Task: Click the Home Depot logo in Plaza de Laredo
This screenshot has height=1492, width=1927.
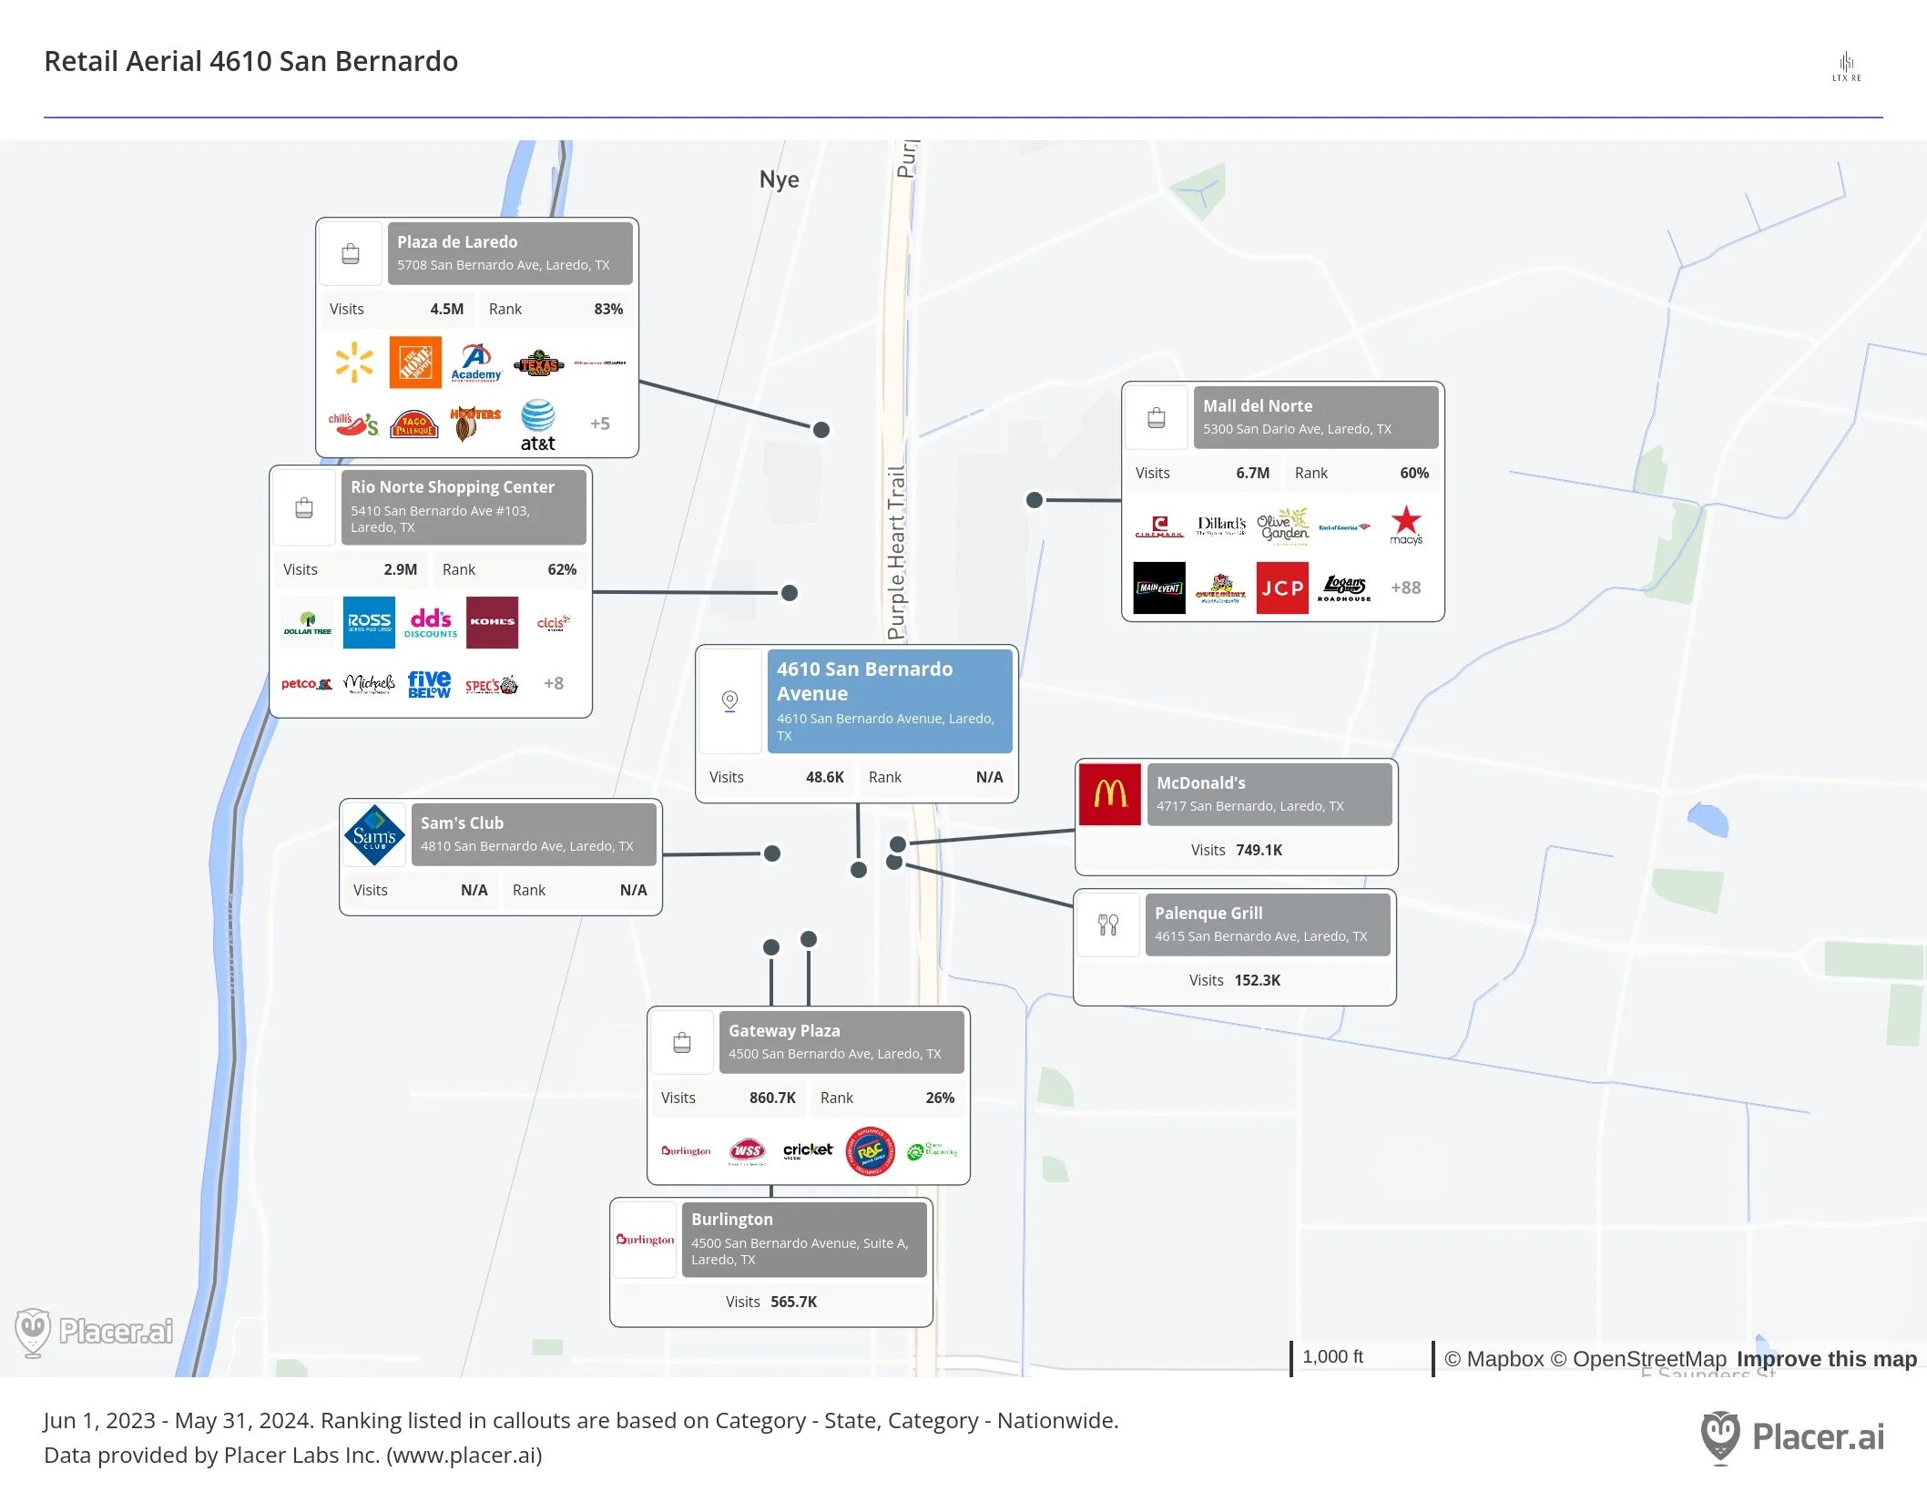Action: click(415, 363)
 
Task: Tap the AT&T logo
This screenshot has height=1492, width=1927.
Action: click(537, 424)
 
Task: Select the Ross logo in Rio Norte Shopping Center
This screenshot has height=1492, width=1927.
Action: click(369, 622)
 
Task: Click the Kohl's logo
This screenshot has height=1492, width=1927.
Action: click(492, 622)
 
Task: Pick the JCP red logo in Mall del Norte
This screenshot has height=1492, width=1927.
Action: click(1282, 588)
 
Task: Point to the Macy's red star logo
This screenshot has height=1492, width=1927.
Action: click(1405, 523)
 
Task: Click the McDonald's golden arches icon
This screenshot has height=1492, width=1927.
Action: click(1110, 794)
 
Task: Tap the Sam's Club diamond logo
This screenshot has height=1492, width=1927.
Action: click(374, 834)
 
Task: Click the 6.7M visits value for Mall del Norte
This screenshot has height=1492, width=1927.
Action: click(1252, 473)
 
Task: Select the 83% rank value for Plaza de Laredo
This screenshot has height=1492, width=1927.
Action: click(608, 309)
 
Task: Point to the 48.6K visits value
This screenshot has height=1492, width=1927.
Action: click(824, 777)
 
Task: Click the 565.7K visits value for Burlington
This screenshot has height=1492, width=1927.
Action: click(793, 1302)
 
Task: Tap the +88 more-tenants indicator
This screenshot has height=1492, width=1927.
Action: click(1405, 588)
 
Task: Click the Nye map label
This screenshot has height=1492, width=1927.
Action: click(779, 179)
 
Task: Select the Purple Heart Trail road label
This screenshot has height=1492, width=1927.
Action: click(897, 552)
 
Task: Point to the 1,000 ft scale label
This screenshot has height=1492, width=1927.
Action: click(1332, 1356)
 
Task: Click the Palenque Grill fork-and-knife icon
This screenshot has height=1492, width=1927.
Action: click(1108, 925)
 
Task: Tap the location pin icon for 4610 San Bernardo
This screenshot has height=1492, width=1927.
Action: click(729, 700)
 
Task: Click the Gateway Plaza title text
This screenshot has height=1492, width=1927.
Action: click(784, 1030)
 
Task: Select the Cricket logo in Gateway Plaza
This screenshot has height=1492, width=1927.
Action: click(808, 1150)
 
